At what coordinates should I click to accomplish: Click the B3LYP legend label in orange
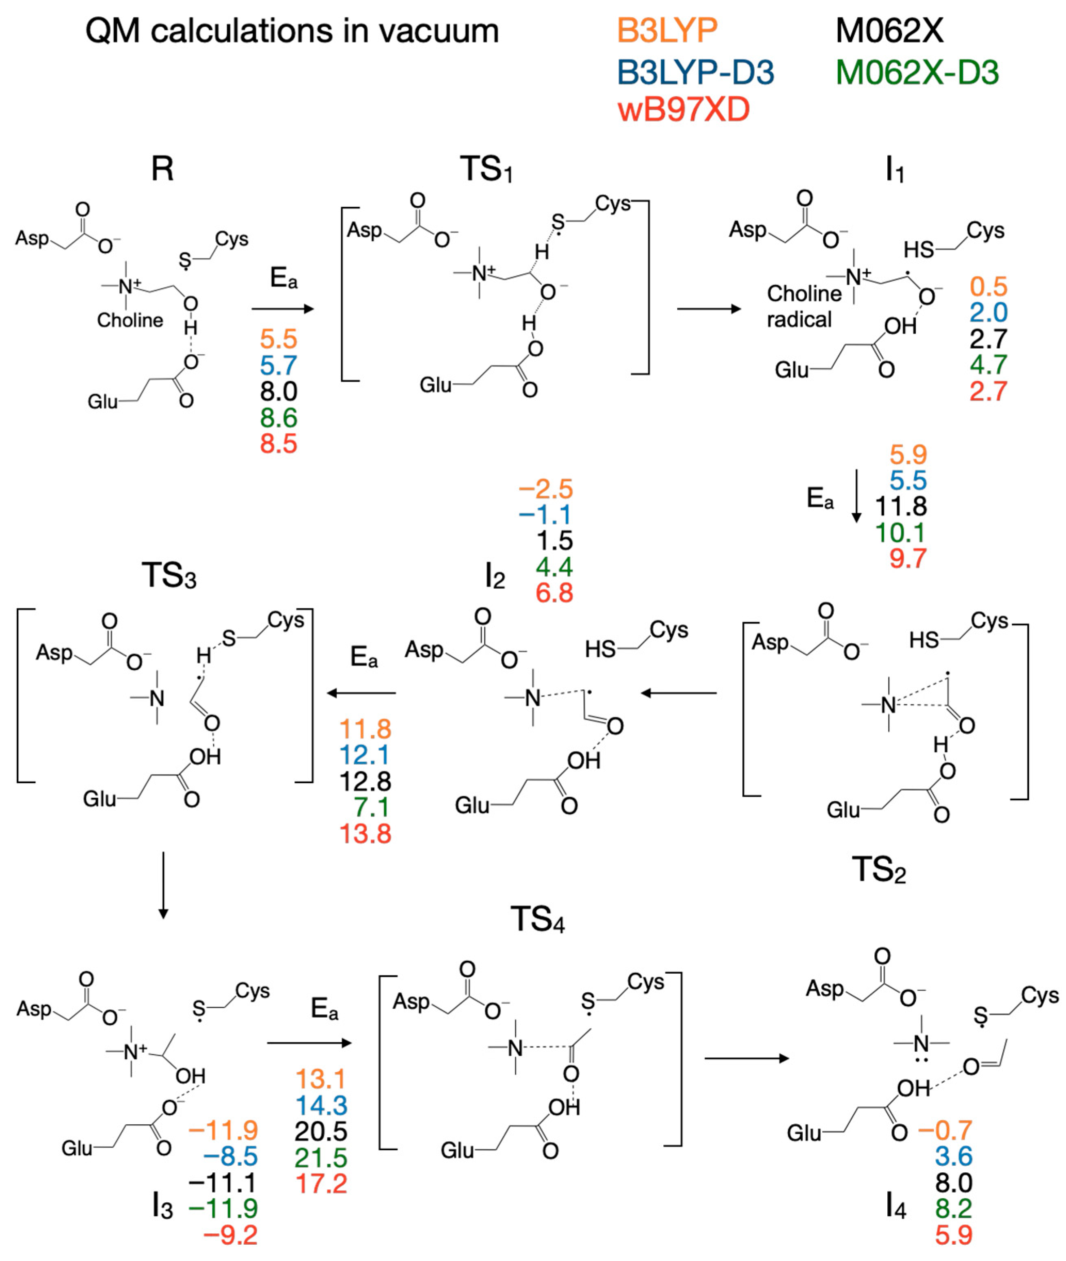pos(667,30)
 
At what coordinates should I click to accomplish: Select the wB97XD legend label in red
pos(683,110)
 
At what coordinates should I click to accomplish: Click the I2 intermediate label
pos(494,576)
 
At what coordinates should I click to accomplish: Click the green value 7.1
pos(372,807)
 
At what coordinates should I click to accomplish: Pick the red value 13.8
pos(365,834)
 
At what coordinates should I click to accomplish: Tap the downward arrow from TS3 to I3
pos(162,885)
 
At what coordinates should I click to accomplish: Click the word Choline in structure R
pos(130,320)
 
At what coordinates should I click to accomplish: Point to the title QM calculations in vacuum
pos(292,31)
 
